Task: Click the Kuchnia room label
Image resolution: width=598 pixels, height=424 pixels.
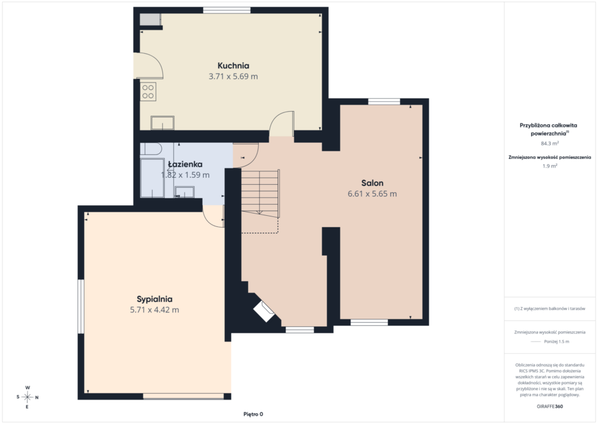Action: pos(234,66)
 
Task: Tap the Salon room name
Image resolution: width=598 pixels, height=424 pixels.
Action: pos(372,183)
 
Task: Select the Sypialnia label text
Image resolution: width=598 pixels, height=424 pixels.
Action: pos(154,299)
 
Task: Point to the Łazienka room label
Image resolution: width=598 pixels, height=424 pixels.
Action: pos(185,164)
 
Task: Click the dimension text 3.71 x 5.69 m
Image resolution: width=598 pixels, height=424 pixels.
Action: pos(233,77)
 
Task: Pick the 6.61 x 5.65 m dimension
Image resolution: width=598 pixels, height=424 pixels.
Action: pos(372,194)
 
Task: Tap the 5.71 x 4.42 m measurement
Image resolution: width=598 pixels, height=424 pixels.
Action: pos(154,310)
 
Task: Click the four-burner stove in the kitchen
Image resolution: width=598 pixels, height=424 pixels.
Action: pos(148,92)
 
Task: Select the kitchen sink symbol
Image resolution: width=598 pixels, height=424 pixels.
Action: pos(162,123)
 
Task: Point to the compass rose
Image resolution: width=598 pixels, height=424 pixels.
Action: pos(27,397)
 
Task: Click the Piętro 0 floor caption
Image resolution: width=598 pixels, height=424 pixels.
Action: pos(253,414)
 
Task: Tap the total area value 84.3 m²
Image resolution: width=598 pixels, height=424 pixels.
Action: pos(550,143)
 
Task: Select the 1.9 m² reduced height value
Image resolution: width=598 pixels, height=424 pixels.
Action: pos(550,166)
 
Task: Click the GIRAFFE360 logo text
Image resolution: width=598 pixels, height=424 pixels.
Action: pos(550,406)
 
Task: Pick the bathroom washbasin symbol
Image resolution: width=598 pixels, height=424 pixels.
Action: pos(185,192)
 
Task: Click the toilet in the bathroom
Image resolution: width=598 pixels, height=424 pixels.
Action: pos(151,149)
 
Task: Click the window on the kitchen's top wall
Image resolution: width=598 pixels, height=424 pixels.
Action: pos(227,11)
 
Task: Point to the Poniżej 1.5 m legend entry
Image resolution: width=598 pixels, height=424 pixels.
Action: pos(557,342)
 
